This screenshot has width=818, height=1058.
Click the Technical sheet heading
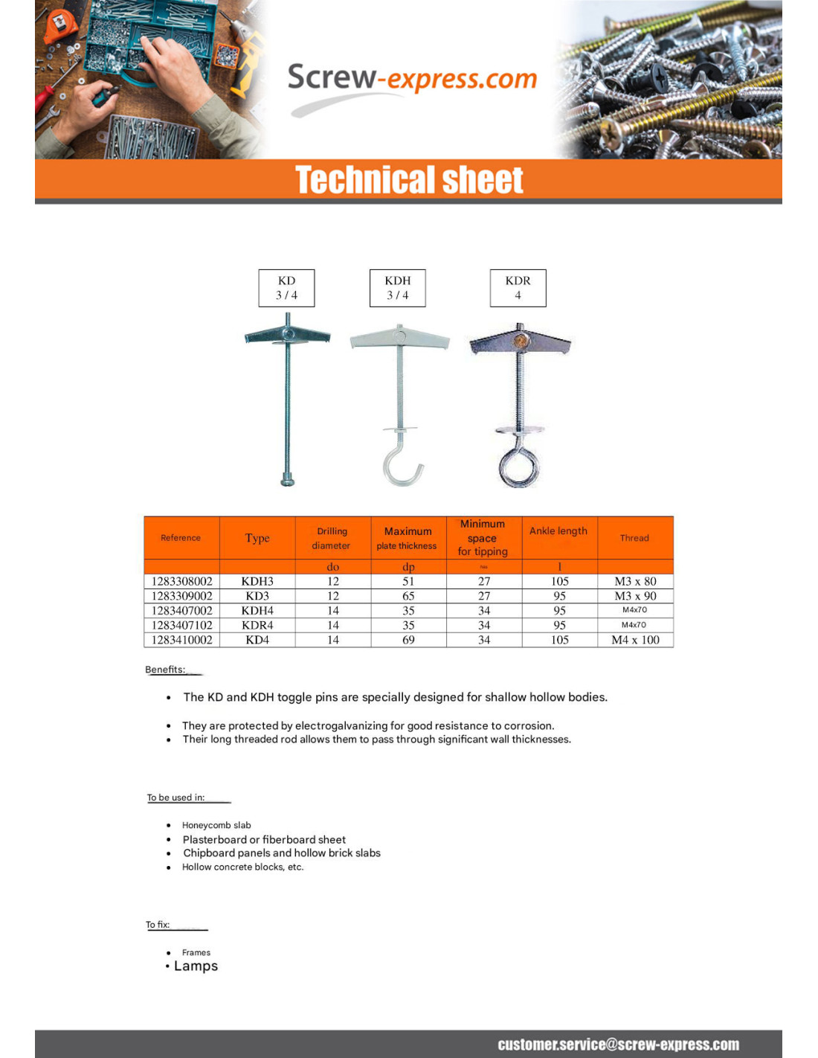click(409, 180)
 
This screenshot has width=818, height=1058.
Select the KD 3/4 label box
click(286, 288)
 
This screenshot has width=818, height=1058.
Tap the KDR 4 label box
click(518, 288)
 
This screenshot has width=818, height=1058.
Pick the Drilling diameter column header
click(332, 538)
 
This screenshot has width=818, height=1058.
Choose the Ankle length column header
click(558, 530)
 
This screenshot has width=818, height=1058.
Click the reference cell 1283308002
click(182, 581)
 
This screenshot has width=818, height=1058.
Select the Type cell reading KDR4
click(257, 625)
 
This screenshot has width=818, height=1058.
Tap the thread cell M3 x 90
click(635, 596)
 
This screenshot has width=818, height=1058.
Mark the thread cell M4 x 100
click(635, 640)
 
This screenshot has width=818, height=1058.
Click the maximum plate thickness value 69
click(408, 640)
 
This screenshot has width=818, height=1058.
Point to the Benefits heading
click(165, 670)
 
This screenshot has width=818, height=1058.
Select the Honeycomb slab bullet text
click(216, 825)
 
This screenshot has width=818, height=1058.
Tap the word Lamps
click(196, 966)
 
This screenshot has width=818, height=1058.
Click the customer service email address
click(618, 1045)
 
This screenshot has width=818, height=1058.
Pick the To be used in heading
click(175, 798)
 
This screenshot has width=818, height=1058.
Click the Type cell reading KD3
click(257, 596)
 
